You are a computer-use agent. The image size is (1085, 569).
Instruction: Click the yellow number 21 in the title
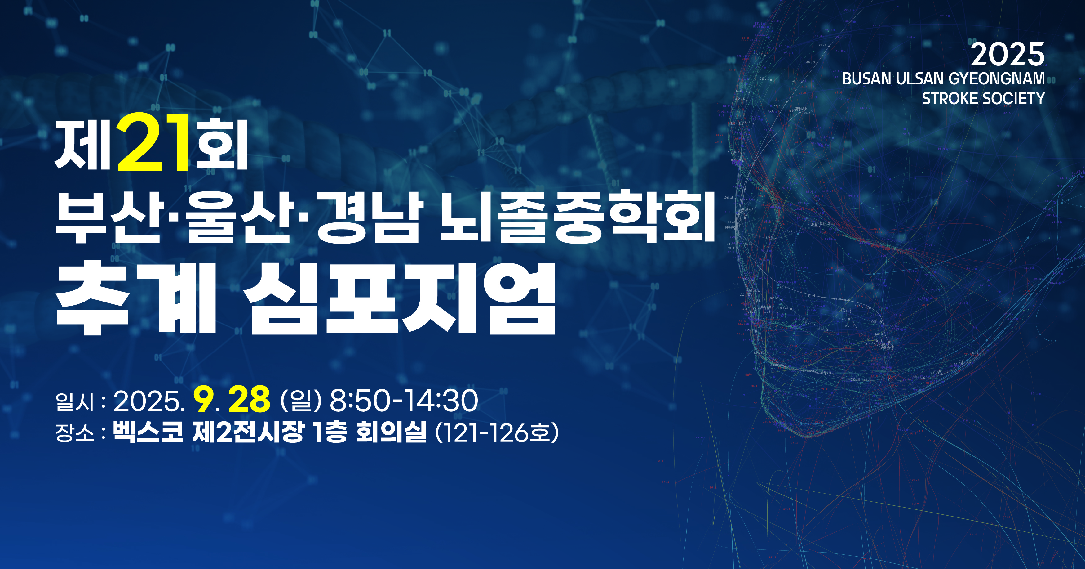point(153,142)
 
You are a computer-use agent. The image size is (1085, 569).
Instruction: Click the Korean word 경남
point(369,217)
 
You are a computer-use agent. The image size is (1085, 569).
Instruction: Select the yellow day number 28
point(249,399)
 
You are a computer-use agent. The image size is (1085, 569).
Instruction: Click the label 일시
point(74,401)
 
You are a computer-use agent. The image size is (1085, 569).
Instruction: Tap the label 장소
point(74,433)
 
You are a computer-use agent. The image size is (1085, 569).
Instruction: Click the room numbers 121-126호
point(497,433)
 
